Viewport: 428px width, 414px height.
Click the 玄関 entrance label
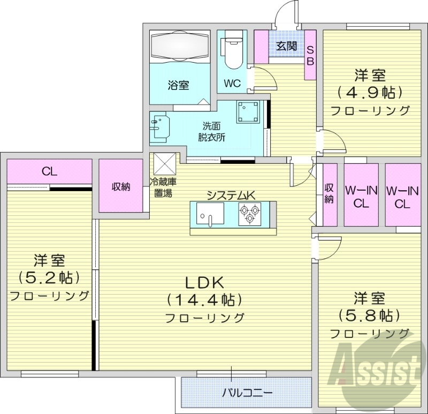286,47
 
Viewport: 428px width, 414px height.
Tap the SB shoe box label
310,55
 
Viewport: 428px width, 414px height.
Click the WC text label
232,83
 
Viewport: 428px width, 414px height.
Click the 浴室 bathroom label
178,85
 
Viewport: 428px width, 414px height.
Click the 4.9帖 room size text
369,93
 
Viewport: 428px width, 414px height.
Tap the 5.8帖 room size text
369,314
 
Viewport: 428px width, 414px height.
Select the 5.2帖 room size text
49,277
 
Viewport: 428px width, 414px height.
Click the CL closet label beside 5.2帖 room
50,172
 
